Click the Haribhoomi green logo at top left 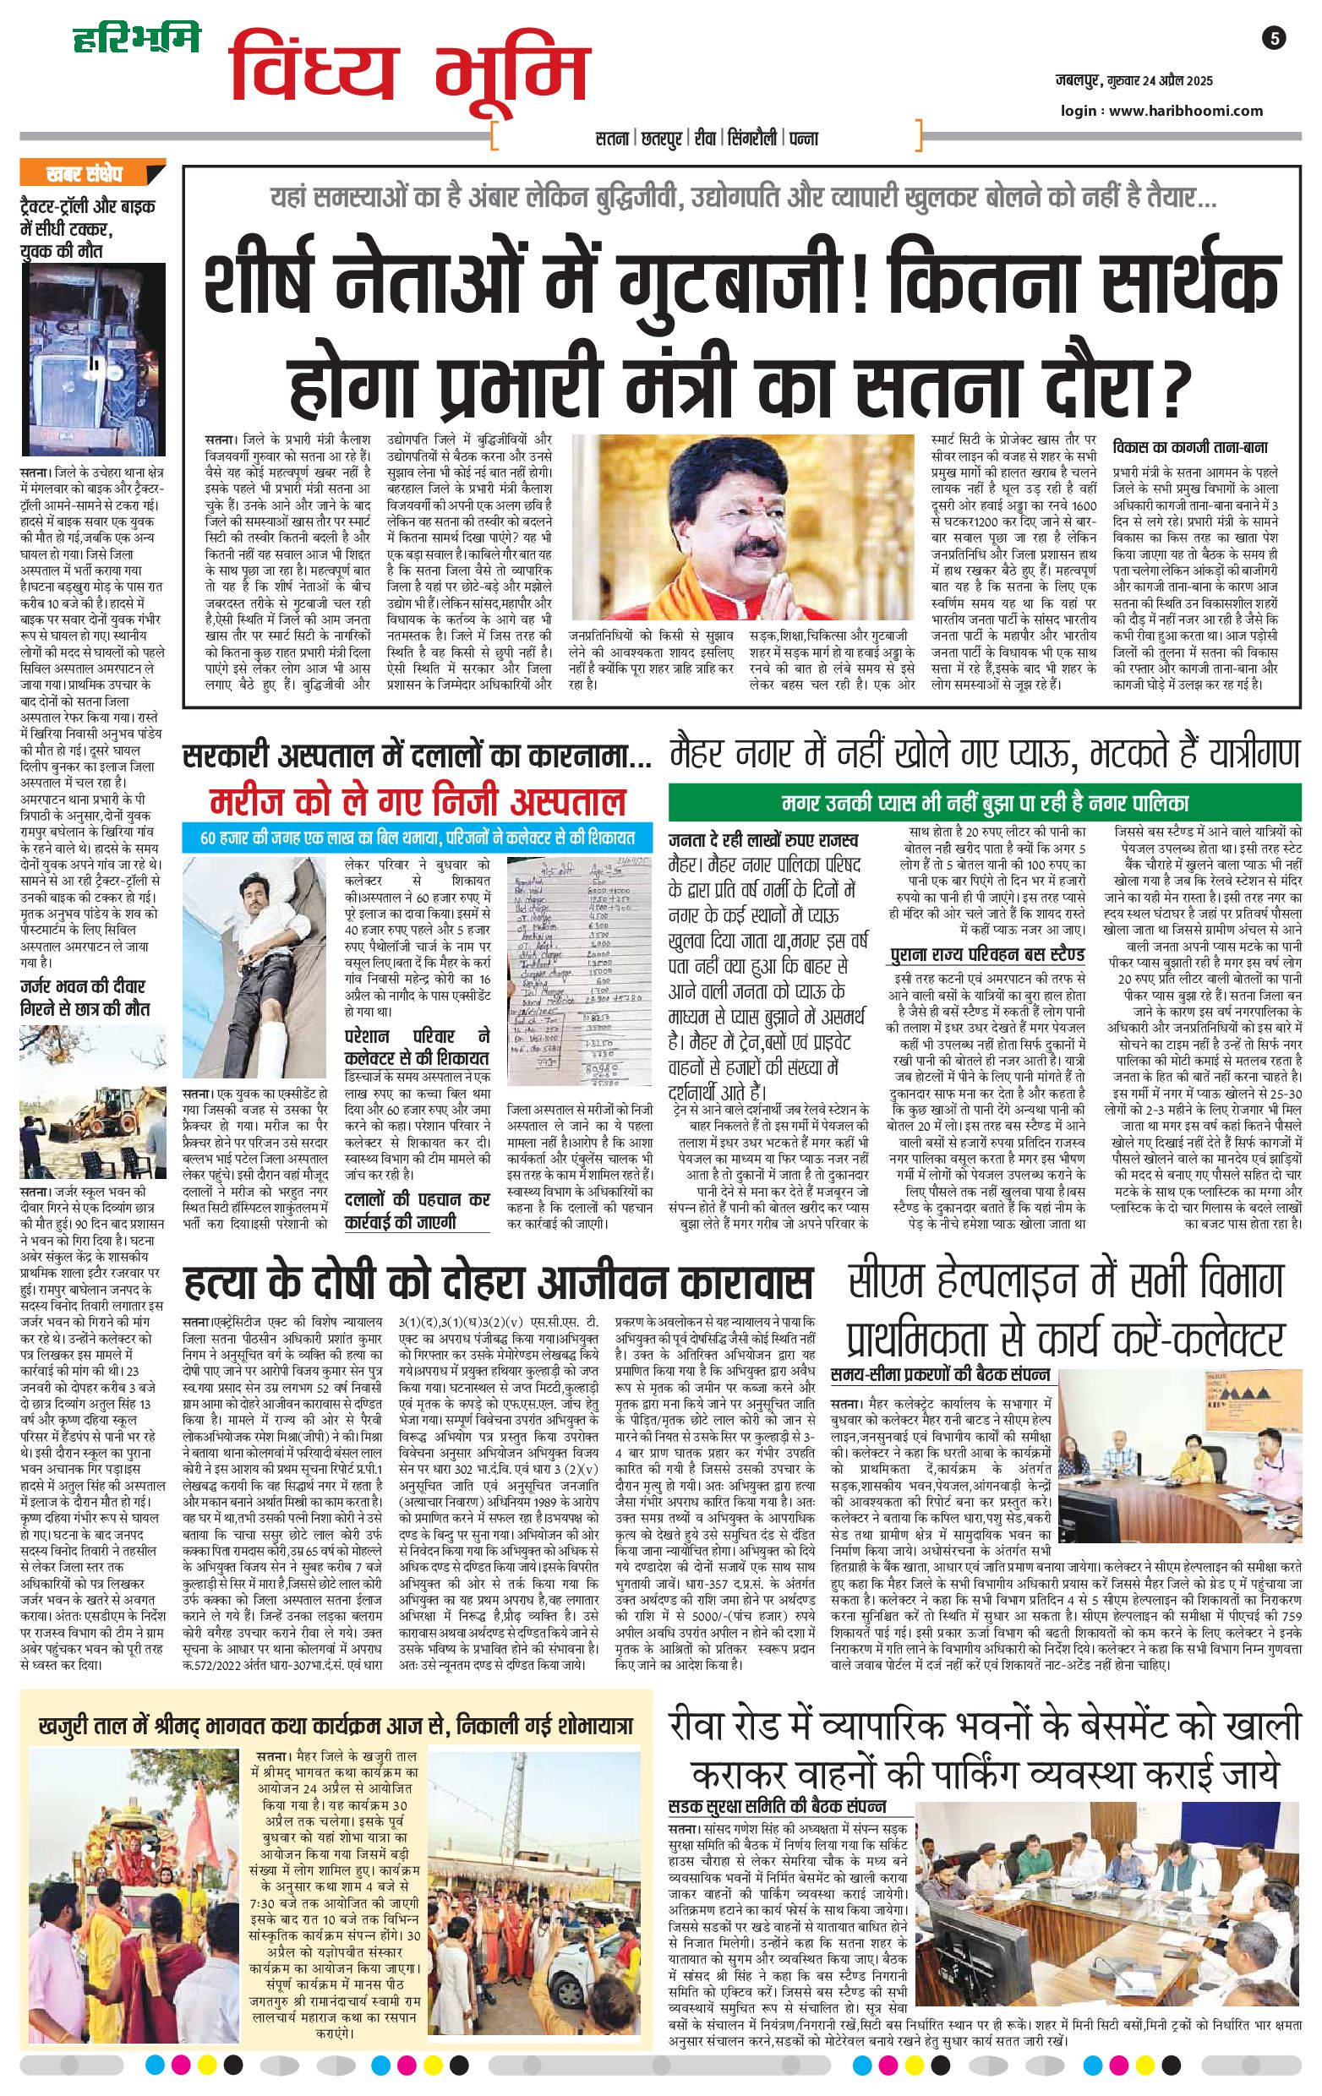[x=136, y=38]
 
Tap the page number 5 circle [x=1273, y=38]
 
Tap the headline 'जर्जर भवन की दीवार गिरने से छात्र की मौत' [x=84, y=997]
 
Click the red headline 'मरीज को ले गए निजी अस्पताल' [x=417, y=801]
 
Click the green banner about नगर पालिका [x=985, y=802]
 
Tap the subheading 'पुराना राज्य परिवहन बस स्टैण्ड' [x=987, y=955]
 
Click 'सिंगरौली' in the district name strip [x=751, y=139]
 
